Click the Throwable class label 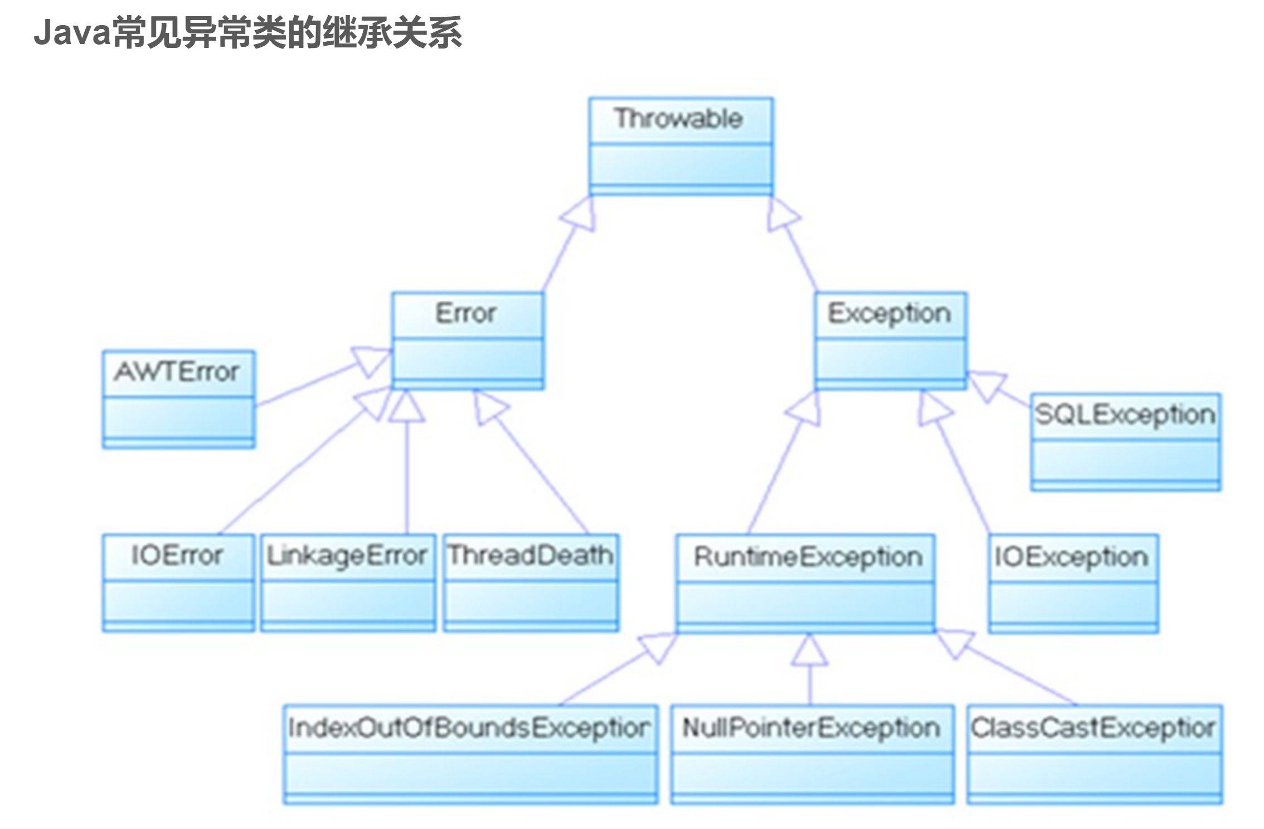pos(678,119)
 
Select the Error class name pos(465,313)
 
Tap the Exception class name pos(889,313)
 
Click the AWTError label pos(177,372)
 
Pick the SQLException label pos(1125,415)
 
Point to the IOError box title pos(177,556)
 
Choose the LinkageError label pos(347,556)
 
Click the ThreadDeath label pos(531,556)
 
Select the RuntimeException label pos(808,557)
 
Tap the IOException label pos(1072,557)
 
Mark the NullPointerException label pos(811,728)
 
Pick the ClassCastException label pos(1093,728)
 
